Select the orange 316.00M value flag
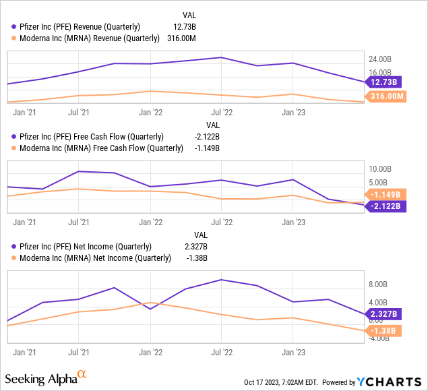pos(385,96)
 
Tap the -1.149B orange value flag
pos(384,194)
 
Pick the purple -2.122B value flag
pos(384,206)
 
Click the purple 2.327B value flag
pos(383,314)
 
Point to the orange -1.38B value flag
pos(383,330)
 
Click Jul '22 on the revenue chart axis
pos(222,112)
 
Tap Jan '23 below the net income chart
pos(293,353)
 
